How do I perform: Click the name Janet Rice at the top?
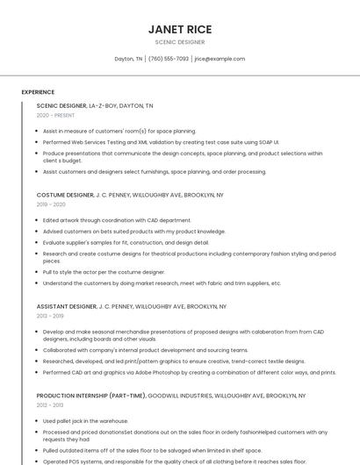pyautogui.click(x=180, y=29)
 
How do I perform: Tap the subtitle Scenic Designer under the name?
pyautogui.click(x=180, y=42)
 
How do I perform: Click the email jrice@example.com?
pyautogui.click(x=220, y=59)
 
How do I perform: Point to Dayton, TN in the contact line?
pyautogui.click(x=128, y=59)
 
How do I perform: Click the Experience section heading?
pyautogui.click(x=38, y=92)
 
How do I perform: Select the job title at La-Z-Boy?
pyautogui.click(x=61, y=105)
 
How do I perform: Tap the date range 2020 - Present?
pyautogui.click(x=56, y=115)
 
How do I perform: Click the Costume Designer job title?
pyautogui.click(x=65, y=195)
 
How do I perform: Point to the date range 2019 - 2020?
pyautogui.click(x=51, y=204)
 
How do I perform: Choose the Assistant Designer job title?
pyautogui.click(x=67, y=307)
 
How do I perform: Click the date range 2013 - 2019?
pyautogui.click(x=51, y=316)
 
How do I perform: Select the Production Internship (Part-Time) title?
pyautogui.click(x=90, y=396)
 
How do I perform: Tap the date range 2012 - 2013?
pyautogui.click(x=51, y=405)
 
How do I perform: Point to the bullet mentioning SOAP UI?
pyautogui.click(x=161, y=141)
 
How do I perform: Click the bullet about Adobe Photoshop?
pyautogui.click(x=189, y=372)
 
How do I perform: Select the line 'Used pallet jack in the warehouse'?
pyautogui.click(x=85, y=421)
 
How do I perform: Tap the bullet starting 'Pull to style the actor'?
pyautogui.click(x=104, y=272)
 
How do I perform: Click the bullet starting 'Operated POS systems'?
pyautogui.click(x=174, y=461)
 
